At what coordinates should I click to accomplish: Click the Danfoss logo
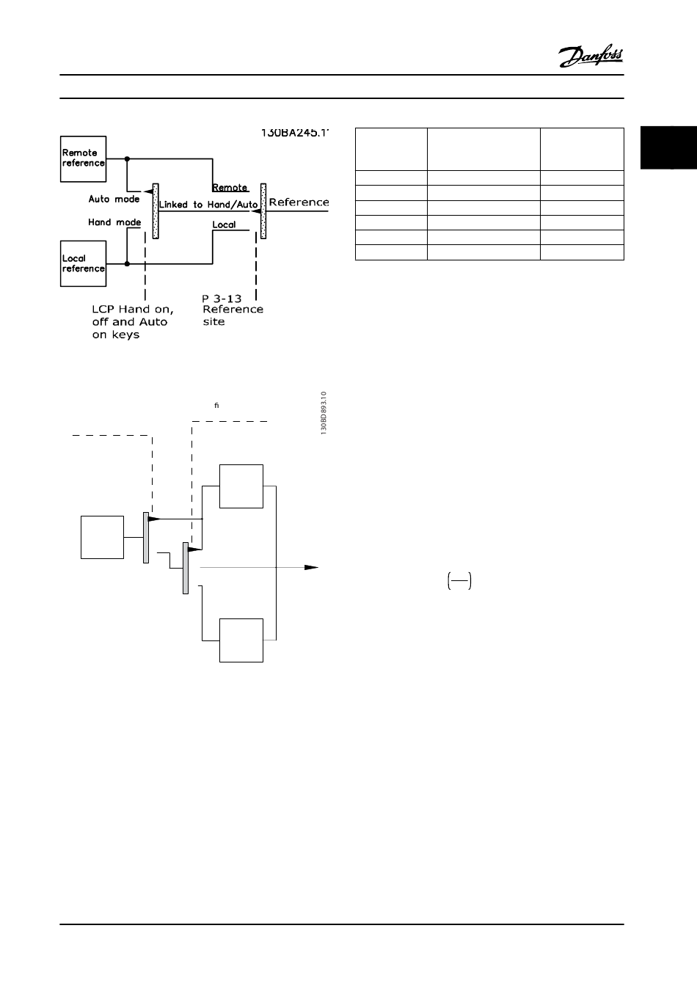click(591, 56)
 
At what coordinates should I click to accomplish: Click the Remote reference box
click(83, 158)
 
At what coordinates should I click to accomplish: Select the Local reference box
click(83, 263)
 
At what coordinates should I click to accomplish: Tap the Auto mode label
click(114, 200)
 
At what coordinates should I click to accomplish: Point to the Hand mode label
click(114, 222)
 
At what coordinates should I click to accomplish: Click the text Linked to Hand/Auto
click(208, 205)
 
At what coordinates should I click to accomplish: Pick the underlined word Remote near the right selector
click(230, 188)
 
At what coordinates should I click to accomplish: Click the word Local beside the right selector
click(224, 224)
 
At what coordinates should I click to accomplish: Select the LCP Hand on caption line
click(132, 310)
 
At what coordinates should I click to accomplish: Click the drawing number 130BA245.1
click(295, 134)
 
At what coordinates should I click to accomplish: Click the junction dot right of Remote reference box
click(127, 158)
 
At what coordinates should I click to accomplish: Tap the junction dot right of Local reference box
click(127, 263)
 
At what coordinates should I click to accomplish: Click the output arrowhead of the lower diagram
click(312, 567)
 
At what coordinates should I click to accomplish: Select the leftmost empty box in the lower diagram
click(102, 537)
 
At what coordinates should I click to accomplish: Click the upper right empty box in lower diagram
click(241, 486)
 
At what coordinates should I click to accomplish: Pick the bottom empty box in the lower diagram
click(241, 640)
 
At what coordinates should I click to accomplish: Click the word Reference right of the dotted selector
click(299, 202)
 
